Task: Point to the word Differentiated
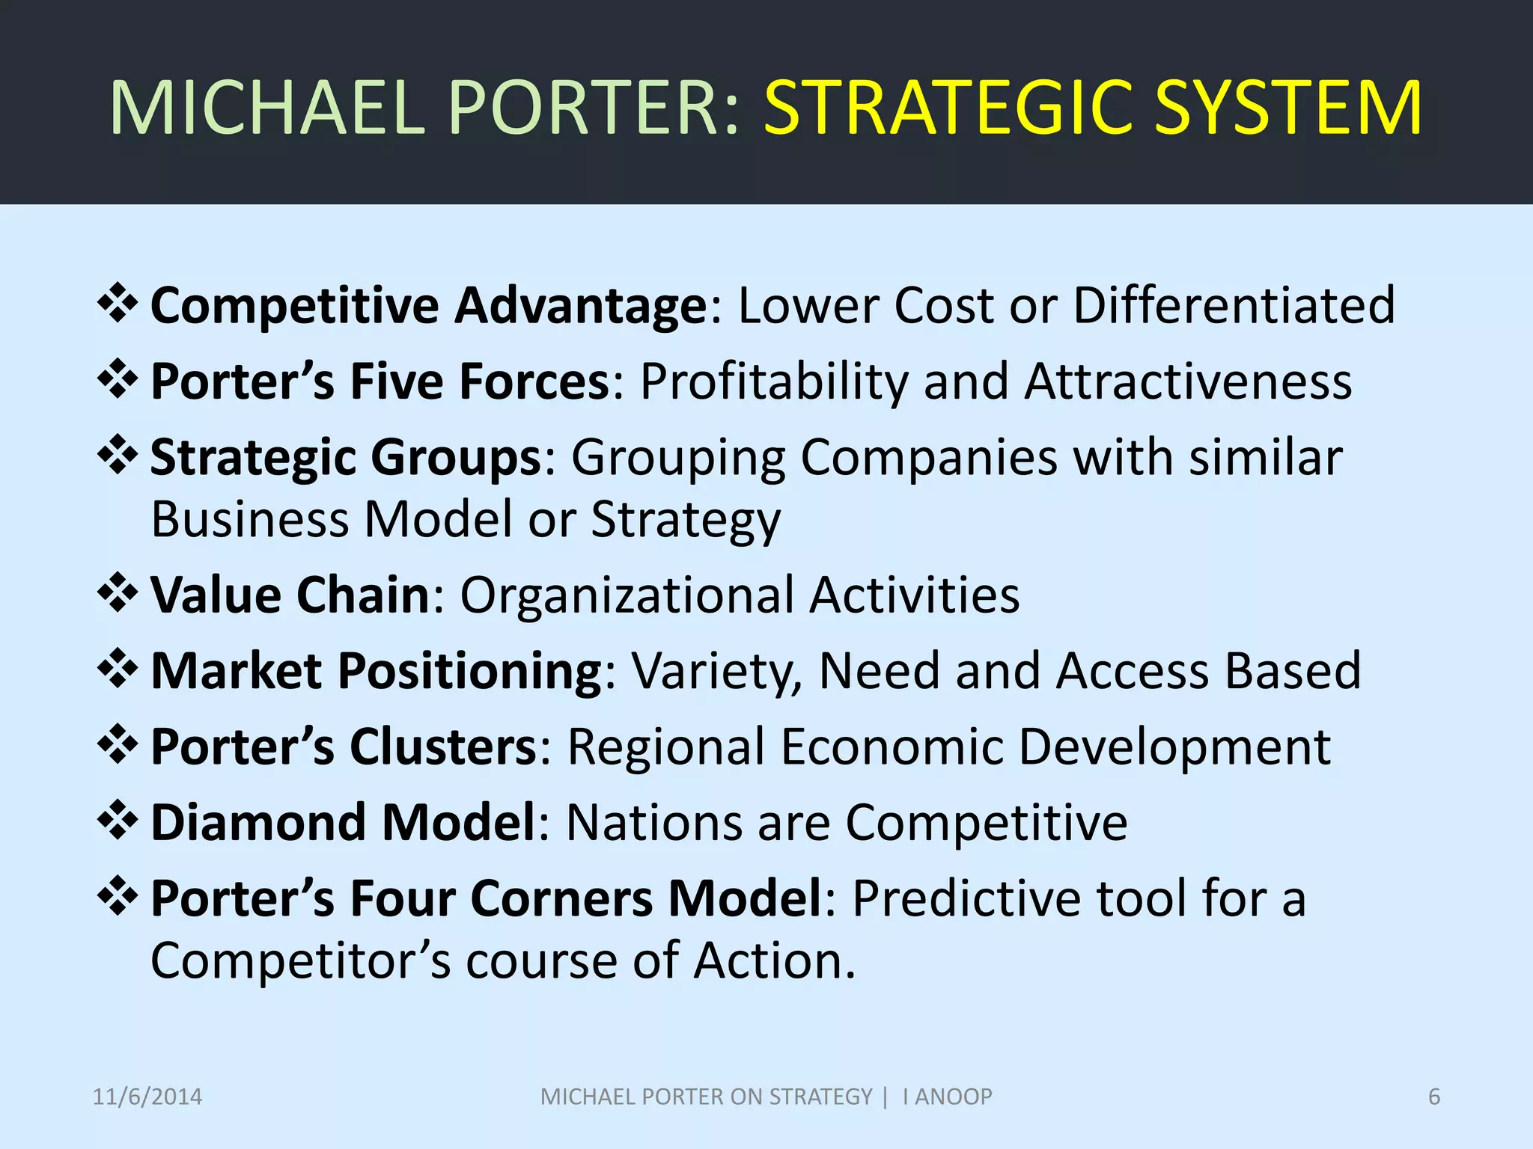[1234, 305]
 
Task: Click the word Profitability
[774, 382]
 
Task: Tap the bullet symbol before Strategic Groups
[118, 455]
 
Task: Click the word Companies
[929, 458]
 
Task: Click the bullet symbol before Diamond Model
[118, 820]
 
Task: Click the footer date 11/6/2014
[147, 1097]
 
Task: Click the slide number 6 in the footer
[1434, 1097]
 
